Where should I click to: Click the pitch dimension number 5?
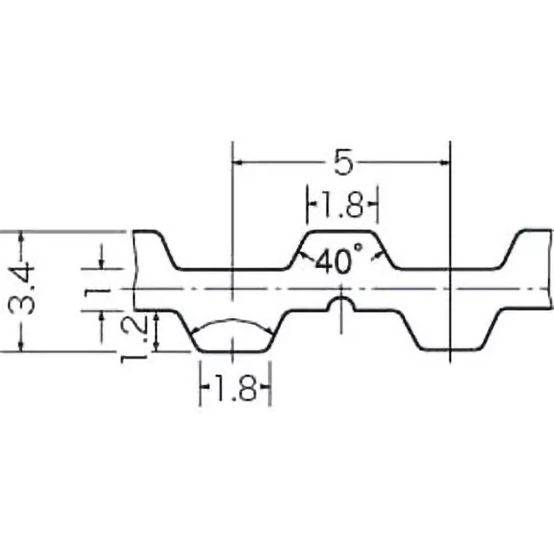point(343,162)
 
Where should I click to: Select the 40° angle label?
point(339,261)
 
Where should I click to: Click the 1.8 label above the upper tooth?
point(342,206)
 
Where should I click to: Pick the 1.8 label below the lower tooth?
point(235,388)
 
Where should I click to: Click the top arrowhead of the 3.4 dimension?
point(21,235)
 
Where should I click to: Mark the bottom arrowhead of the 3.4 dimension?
point(21,347)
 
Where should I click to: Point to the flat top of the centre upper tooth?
point(341,231)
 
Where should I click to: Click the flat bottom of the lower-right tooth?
point(451,350)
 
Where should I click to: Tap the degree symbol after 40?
point(358,247)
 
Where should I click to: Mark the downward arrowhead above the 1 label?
point(102,263)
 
